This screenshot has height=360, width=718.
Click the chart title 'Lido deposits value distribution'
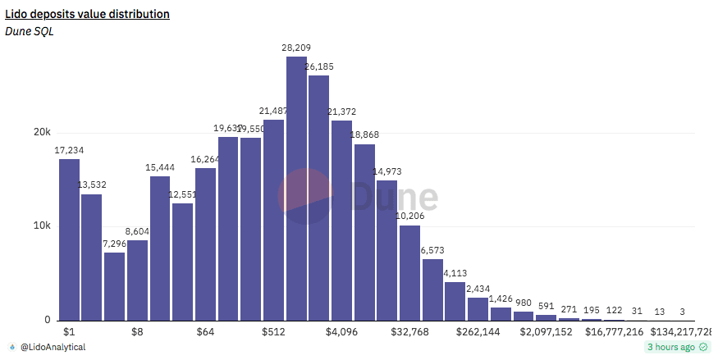coord(88,14)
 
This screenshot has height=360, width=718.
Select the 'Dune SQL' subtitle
coord(29,32)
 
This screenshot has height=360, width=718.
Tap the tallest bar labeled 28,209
coord(296,189)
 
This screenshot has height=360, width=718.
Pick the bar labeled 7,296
coord(115,286)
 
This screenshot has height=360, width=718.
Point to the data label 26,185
coord(319,66)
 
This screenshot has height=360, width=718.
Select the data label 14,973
coord(387,171)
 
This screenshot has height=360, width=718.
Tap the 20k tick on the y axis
coord(42,133)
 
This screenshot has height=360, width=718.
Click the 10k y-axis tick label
coord(42,226)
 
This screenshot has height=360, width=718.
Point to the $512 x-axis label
coord(273,332)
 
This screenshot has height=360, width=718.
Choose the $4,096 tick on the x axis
coord(341,332)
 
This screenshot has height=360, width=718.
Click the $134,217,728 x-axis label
coord(681,332)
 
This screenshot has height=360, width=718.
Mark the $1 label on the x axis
coord(69,332)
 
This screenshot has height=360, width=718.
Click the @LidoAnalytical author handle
coord(52,348)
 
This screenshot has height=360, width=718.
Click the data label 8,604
coord(138,232)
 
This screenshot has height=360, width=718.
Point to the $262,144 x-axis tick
coord(478,332)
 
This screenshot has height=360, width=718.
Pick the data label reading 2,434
coord(478,289)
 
